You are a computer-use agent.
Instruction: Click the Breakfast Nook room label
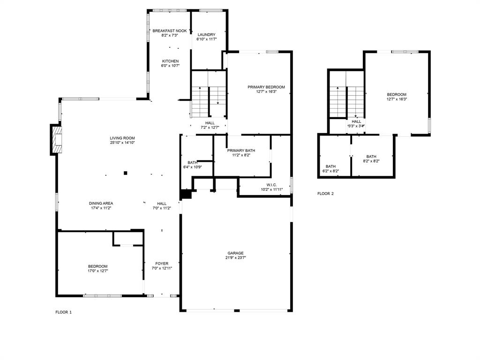(170, 31)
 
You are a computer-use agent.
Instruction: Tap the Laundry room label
(206, 35)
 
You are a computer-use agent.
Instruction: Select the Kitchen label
(170, 61)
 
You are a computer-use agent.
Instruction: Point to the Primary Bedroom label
(266, 87)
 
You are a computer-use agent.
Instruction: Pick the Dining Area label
(101, 203)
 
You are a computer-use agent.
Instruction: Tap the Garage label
(236, 253)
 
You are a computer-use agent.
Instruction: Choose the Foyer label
(162, 263)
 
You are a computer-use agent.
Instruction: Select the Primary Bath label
(242, 150)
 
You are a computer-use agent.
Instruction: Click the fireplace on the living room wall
(56, 139)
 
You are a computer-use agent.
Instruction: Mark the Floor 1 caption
(63, 312)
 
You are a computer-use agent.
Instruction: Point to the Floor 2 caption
(325, 194)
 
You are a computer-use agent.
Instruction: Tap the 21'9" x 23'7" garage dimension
(236, 257)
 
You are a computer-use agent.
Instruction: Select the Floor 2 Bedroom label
(397, 95)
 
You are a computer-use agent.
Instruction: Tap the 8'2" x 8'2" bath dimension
(371, 161)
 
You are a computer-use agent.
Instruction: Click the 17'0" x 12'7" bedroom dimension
(97, 270)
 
